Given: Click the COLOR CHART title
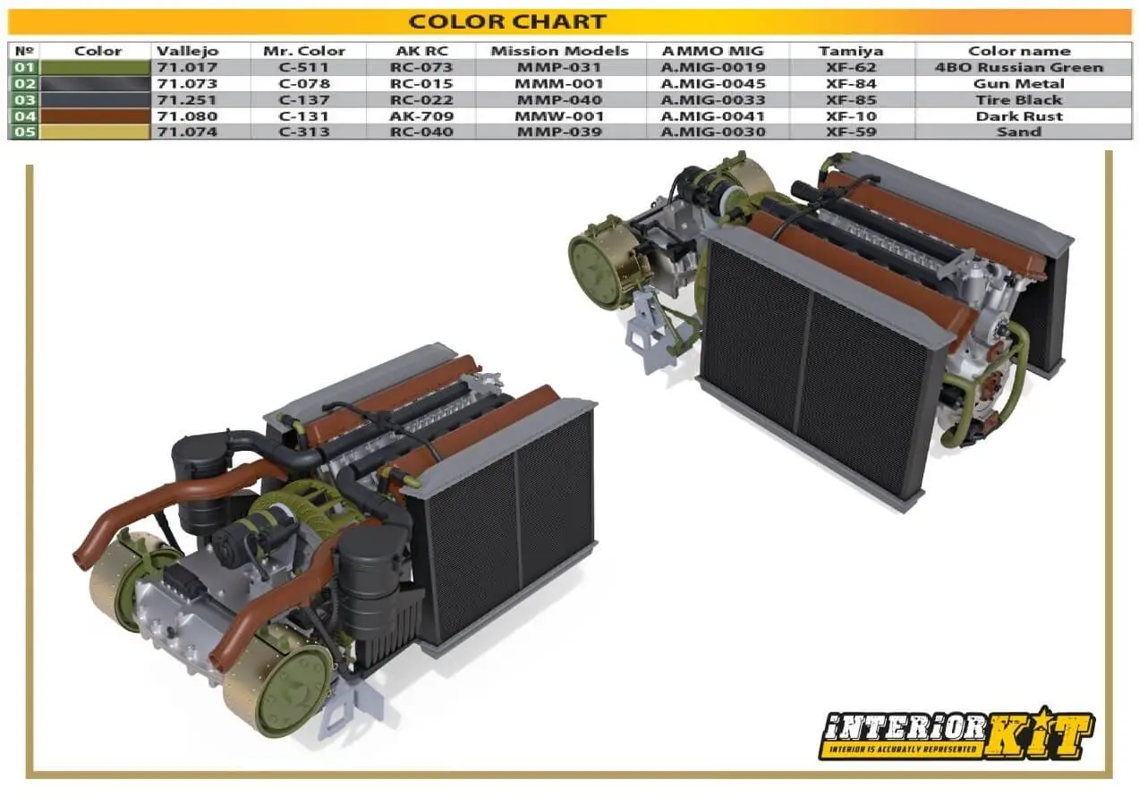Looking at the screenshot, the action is tap(507, 21).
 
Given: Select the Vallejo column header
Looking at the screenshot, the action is tap(188, 51).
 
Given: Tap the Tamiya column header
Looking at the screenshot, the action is tap(851, 51).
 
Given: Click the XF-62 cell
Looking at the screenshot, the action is tap(851, 67).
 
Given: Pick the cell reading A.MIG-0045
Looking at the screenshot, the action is tap(713, 83).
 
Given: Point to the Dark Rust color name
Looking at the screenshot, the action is tap(1019, 116).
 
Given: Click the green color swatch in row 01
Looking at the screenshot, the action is tap(95, 67).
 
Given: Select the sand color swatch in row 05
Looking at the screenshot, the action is tap(95, 132).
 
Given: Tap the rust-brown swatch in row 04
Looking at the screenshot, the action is tap(95, 116).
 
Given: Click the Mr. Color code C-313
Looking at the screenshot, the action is tap(304, 132).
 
